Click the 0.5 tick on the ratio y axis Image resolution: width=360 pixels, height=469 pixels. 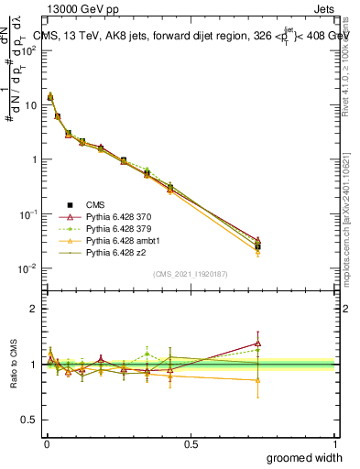click(31, 420)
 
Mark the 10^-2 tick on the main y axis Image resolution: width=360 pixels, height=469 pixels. click(29, 268)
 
